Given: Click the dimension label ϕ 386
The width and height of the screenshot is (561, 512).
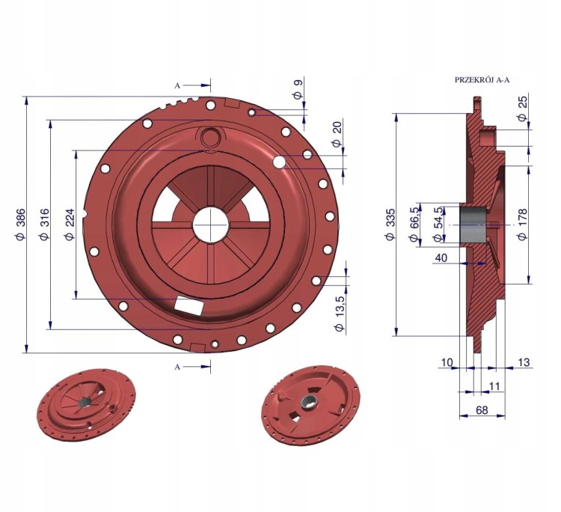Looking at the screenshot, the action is pyautogui.click(x=20, y=225).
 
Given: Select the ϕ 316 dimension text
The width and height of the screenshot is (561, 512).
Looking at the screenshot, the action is pyautogui.click(x=44, y=225).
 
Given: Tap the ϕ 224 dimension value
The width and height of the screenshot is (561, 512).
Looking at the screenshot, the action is pyautogui.click(x=69, y=225).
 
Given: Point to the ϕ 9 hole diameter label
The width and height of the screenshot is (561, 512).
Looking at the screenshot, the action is pyautogui.click(x=298, y=89).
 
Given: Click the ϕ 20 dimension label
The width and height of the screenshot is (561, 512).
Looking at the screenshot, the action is pyautogui.click(x=337, y=135).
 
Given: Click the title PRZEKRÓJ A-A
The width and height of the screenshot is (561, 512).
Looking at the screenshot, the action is pyautogui.click(x=482, y=80).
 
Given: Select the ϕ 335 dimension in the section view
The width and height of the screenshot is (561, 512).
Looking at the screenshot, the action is pyautogui.click(x=390, y=225).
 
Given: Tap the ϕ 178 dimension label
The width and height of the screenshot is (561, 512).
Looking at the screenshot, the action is pyautogui.click(x=523, y=225).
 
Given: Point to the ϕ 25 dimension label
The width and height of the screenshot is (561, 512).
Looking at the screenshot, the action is pyautogui.click(x=523, y=108).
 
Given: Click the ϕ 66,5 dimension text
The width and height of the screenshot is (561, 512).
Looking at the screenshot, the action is pyautogui.click(x=414, y=225).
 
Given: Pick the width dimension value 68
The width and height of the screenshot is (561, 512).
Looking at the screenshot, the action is pyautogui.click(x=482, y=410).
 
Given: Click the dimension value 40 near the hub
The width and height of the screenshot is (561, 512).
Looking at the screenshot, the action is pyautogui.click(x=441, y=257).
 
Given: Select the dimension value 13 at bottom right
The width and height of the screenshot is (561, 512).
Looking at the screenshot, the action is pyautogui.click(x=523, y=362).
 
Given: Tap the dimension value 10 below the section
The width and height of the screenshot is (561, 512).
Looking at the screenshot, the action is pyautogui.click(x=447, y=362).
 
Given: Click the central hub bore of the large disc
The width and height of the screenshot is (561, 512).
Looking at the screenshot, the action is pyautogui.click(x=211, y=225).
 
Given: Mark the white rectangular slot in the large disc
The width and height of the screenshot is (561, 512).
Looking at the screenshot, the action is pyautogui.click(x=189, y=305).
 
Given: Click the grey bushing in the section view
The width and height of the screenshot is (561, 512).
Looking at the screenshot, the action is pyautogui.click(x=472, y=225).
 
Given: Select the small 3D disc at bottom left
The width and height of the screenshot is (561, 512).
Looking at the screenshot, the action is pyautogui.click(x=86, y=405).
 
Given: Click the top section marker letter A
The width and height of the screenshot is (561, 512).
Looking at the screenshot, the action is pyautogui.click(x=177, y=85).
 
